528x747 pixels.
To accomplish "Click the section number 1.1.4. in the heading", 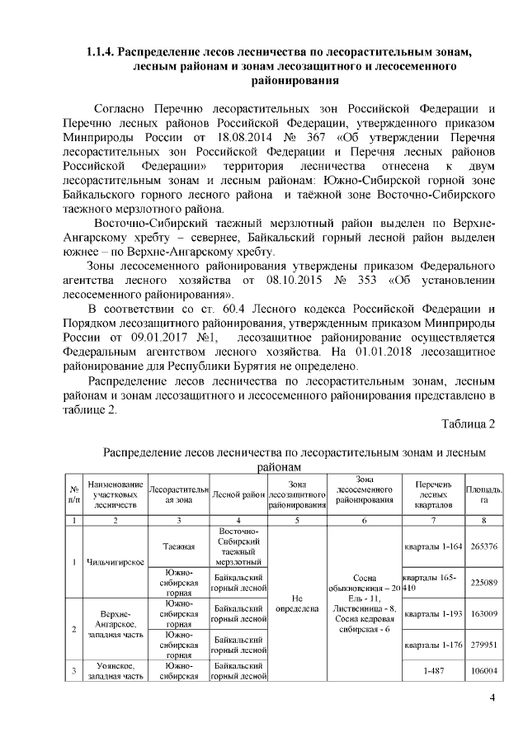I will (100, 54).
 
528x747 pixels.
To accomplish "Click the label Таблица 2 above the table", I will (468, 424).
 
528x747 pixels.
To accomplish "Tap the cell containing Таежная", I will (177, 546).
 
